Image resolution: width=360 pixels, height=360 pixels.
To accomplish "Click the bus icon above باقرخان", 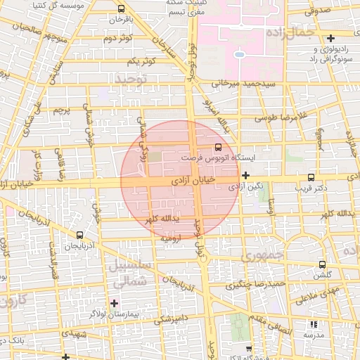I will pyautogui.click(x=122, y=9).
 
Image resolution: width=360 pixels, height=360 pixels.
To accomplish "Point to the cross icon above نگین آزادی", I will pyautogui.click(x=245, y=175).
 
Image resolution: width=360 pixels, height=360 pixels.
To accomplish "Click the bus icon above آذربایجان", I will pyautogui.click(x=79, y=236).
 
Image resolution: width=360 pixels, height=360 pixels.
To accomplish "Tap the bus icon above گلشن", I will pyautogui.click(x=322, y=265).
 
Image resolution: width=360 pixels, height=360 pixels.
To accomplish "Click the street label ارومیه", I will pyautogui.click(x=173, y=238).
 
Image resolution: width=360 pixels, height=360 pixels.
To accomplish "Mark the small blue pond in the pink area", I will pyautogui.click(x=239, y=53).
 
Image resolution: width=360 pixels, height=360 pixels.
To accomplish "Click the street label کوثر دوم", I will pyautogui.click(x=117, y=37).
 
